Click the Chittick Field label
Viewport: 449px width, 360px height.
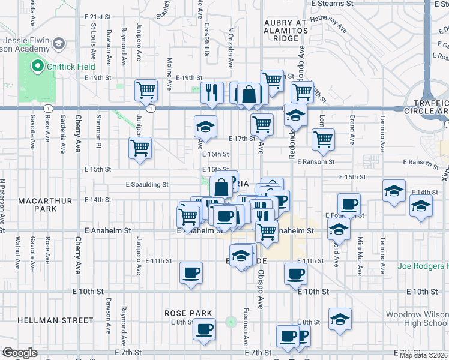[x=69, y=66]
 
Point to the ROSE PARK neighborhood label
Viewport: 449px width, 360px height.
[x=189, y=313]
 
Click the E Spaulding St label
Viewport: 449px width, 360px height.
[x=146, y=185]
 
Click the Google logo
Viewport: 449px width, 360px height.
[x=20, y=353]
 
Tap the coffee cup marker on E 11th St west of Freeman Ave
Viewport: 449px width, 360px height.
[x=191, y=274]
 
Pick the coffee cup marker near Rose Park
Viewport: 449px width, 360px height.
[x=205, y=329]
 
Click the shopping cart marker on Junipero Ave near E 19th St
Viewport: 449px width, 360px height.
[x=146, y=91]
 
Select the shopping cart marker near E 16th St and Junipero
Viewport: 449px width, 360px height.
[x=140, y=148]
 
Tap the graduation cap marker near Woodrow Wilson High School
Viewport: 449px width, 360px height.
[x=340, y=319]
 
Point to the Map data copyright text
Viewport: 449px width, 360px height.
[x=424, y=355]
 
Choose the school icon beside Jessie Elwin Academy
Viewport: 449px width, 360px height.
[x=59, y=43]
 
